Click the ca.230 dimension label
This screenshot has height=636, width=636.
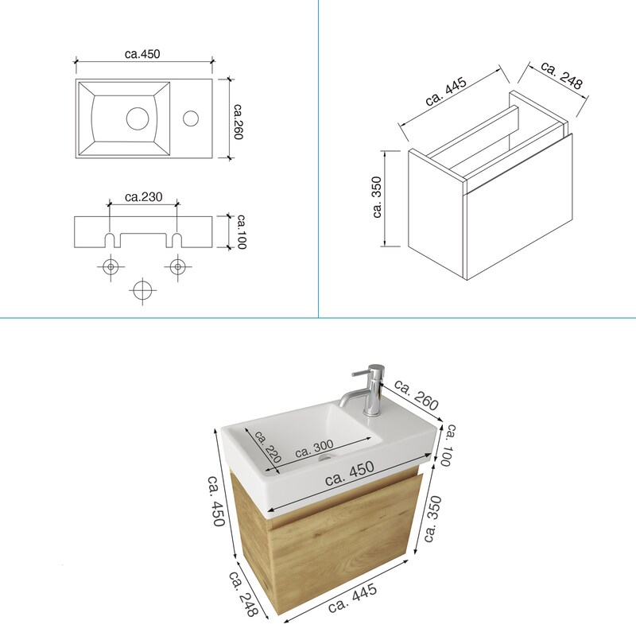click(x=144, y=197)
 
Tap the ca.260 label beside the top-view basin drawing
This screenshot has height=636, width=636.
click(x=238, y=122)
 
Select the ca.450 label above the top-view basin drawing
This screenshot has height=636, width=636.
click(x=142, y=54)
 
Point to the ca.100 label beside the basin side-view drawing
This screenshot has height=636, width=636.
click(x=242, y=231)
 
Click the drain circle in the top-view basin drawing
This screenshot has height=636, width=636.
click(x=138, y=118)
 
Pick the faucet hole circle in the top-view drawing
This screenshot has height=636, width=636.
click(x=191, y=118)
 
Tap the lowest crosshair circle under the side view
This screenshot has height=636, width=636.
click(x=142, y=290)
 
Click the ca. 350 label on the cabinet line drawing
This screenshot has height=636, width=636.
click(x=377, y=197)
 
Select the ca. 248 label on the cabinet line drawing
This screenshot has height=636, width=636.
click(x=562, y=75)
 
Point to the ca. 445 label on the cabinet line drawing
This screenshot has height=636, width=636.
click(x=446, y=91)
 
